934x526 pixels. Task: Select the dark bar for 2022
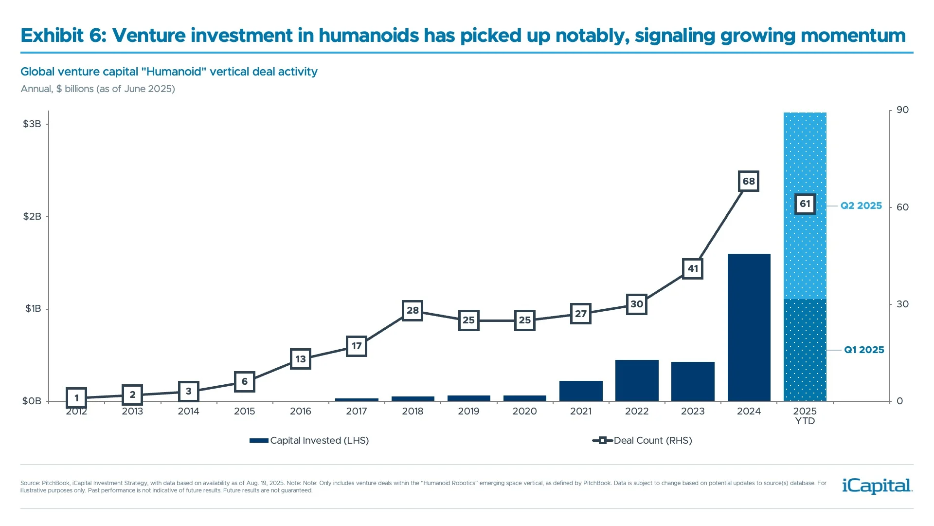(637, 380)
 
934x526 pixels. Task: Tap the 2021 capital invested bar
(581, 391)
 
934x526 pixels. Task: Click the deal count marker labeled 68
(749, 181)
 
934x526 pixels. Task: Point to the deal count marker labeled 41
(693, 268)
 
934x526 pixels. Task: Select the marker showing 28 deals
(413, 310)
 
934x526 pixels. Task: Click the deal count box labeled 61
(805, 204)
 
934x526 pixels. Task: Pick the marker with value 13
(301, 359)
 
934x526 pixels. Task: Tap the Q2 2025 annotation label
(861, 206)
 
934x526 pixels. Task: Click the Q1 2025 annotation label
(864, 350)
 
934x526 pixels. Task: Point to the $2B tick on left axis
(32, 216)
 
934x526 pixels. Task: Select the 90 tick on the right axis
(902, 110)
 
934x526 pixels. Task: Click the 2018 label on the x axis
(413, 412)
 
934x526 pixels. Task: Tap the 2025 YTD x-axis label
(805, 416)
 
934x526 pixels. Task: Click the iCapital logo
(877, 486)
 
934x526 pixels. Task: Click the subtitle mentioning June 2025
(98, 89)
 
